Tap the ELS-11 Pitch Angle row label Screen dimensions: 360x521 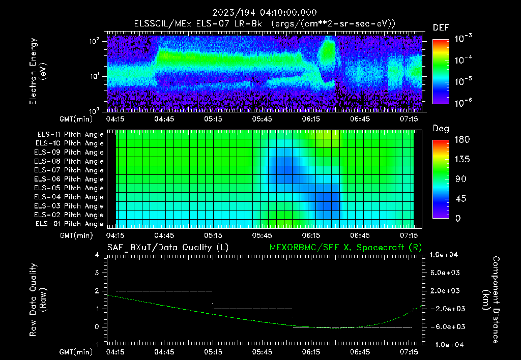pos(70,135)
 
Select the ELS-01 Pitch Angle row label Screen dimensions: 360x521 pos(70,224)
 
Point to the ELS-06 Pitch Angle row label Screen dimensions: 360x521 pos(70,179)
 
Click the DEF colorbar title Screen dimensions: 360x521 pos(441,27)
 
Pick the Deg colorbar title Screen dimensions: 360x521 pos(441,129)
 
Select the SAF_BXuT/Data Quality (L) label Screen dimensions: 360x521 pos(167,248)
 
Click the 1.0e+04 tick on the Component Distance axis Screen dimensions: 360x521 pos(445,255)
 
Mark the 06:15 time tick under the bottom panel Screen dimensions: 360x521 pos(311,352)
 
